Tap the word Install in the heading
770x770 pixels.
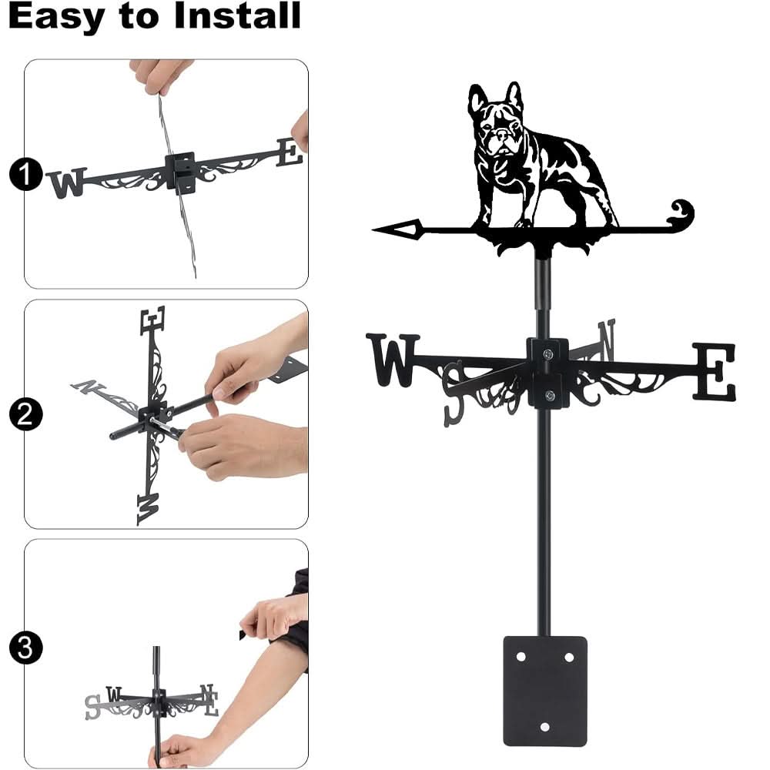(x=236, y=17)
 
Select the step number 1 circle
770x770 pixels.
(x=25, y=176)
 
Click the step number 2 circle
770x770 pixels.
(x=25, y=416)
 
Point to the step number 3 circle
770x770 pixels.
(x=25, y=647)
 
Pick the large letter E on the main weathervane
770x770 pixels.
(x=714, y=372)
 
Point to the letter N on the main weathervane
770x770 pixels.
(x=605, y=340)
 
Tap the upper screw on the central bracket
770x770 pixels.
(x=546, y=355)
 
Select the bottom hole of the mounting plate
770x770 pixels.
(x=545, y=726)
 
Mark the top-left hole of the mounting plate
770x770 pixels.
(x=521, y=657)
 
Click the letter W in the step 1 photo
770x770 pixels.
(x=66, y=183)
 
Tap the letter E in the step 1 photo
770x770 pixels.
(x=290, y=152)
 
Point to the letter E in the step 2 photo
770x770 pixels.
(x=152, y=320)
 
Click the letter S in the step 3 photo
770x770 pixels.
(x=93, y=706)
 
